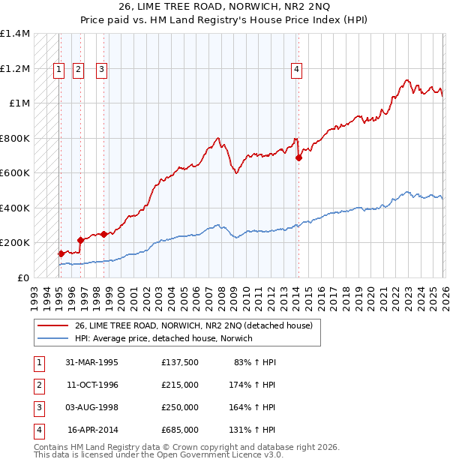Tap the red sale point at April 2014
[x=298, y=158]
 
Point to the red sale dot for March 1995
[x=61, y=253]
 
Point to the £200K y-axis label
[x=14, y=243]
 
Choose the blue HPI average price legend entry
[x=163, y=338]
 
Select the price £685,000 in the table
[x=179, y=430]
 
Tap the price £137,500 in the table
[x=179, y=361]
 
